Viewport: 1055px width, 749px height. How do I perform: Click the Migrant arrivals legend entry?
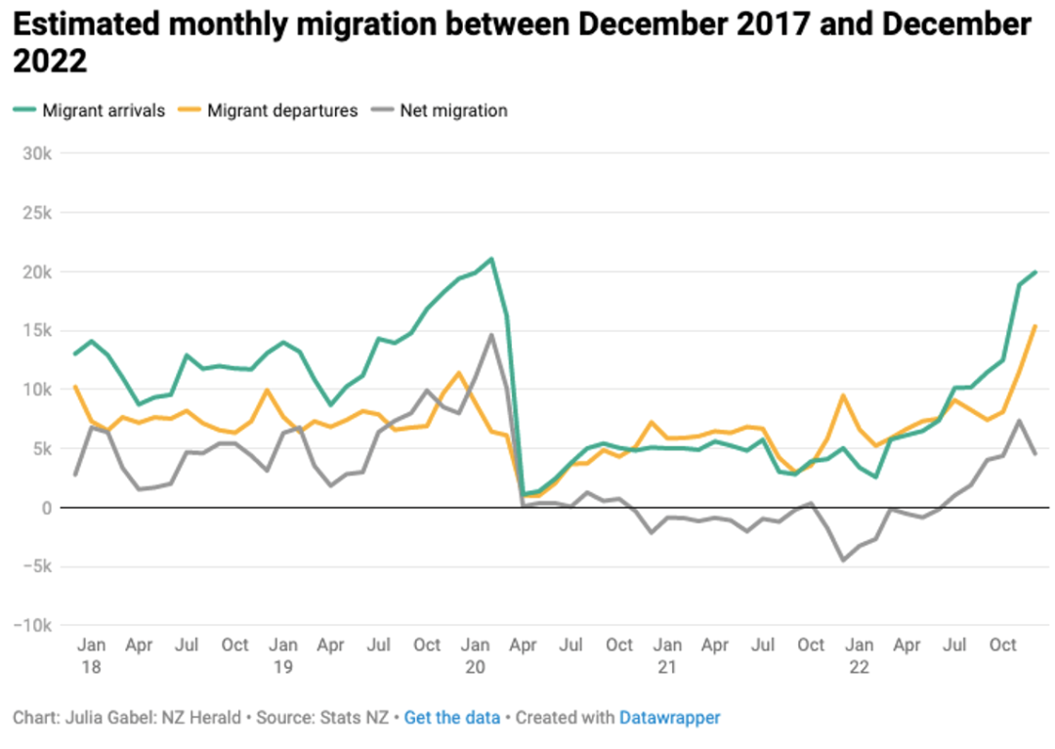click(90, 110)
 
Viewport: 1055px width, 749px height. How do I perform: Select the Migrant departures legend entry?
click(269, 110)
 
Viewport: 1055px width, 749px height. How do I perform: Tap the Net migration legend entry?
click(440, 110)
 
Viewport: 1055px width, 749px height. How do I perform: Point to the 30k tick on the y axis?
click(37, 154)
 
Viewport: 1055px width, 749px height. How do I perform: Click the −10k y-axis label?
click(32, 625)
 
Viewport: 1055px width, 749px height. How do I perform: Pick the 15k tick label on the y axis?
click(37, 331)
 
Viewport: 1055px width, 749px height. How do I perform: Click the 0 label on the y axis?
click(47, 509)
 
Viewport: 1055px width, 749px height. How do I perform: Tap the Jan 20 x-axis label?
click(475, 655)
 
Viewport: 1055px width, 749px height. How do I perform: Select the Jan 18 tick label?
click(92, 655)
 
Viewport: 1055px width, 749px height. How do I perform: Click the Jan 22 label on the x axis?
click(860, 655)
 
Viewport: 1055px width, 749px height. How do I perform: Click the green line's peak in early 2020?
click(491, 259)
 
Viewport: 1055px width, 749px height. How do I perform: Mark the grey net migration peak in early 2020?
click(491, 335)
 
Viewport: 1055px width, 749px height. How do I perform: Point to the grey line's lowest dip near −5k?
click(843, 561)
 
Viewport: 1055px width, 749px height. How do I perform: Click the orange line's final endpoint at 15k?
click(1035, 327)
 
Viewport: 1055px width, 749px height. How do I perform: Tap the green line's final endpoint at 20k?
click(1035, 272)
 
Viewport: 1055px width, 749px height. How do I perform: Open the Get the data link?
click(452, 718)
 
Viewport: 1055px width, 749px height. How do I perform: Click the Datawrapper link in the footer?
click(669, 718)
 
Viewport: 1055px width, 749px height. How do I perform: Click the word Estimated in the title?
click(86, 24)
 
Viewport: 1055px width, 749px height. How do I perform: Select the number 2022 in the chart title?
click(50, 62)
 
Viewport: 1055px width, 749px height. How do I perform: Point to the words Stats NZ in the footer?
click(355, 718)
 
